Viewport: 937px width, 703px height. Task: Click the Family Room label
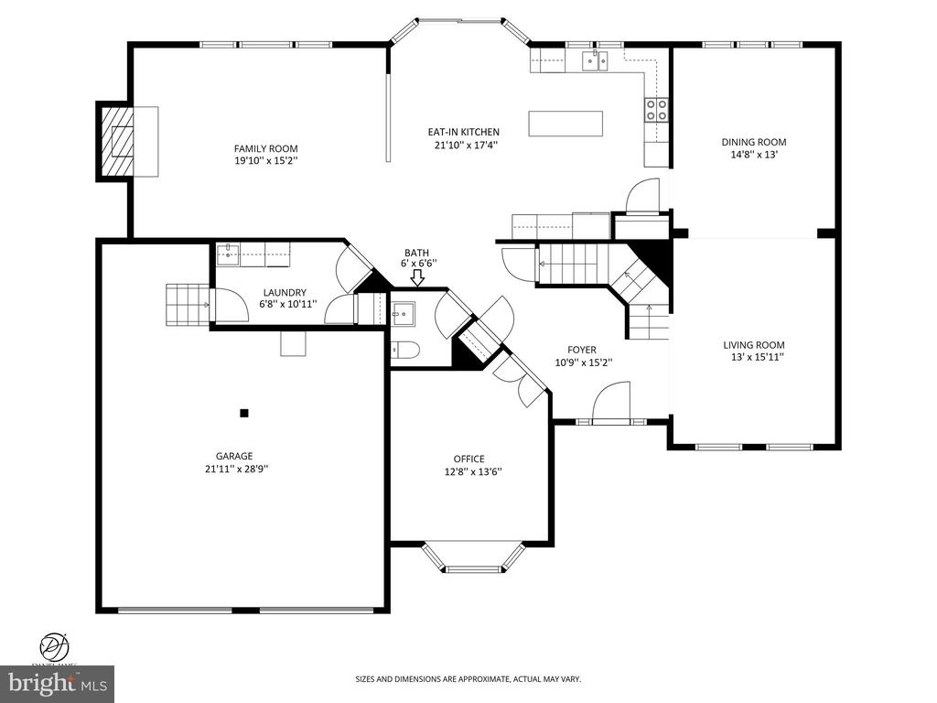(265, 148)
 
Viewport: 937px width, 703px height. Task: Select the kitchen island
(565, 123)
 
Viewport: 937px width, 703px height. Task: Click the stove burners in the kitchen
(656, 110)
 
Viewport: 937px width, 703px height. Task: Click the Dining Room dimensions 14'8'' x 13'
(754, 155)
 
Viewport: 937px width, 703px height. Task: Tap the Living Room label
(754, 345)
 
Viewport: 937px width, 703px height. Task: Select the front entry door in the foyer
(610, 403)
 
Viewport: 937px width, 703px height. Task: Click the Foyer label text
(582, 350)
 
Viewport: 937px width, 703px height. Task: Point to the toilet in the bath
(405, 350)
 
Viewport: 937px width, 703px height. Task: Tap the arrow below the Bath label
(417, 277)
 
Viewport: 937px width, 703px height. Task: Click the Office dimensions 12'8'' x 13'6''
(469, 472)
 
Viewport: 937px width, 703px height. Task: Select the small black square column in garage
(244, 413)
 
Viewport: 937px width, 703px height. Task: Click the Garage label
(234, 456)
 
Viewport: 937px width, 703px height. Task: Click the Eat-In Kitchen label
(464, 132)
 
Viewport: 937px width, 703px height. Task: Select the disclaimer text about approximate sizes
(468, 679)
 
